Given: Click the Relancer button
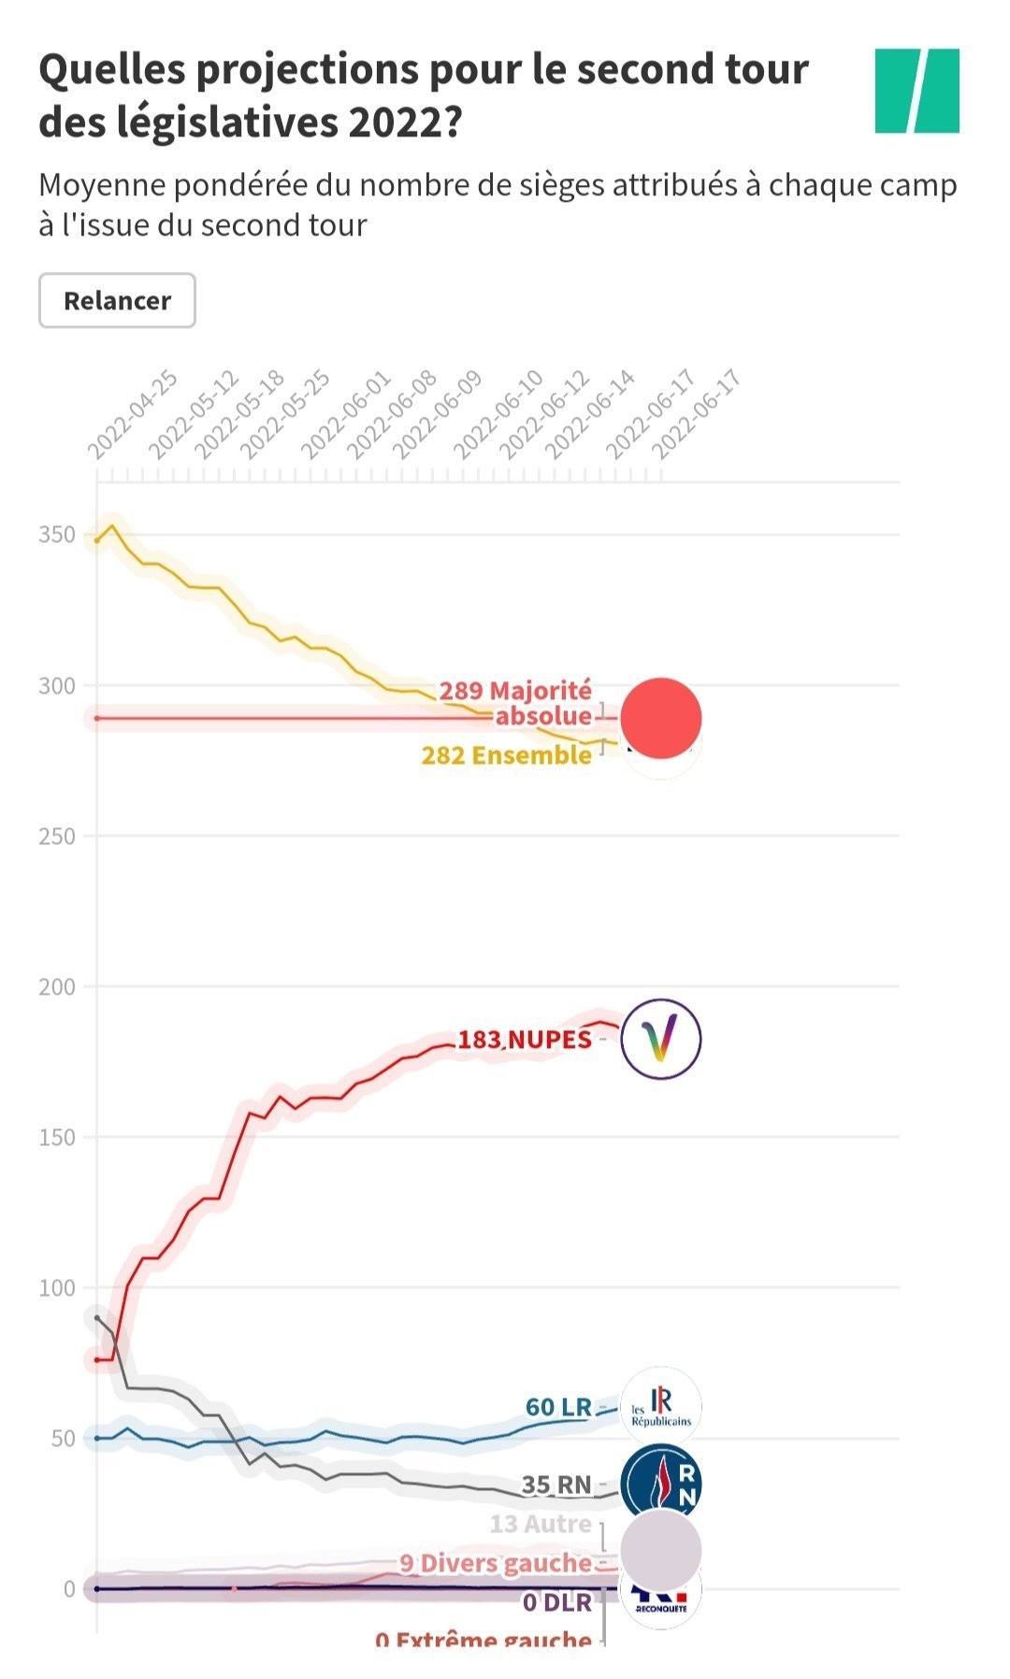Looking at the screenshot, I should point(117,301).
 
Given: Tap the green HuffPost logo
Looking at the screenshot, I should point(916,91).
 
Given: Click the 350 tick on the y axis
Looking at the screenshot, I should point(57,535).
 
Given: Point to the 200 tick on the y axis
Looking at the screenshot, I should point(57,986).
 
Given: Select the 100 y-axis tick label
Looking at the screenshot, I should point(57,1287).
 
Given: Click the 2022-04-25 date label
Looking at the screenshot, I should point(133,414).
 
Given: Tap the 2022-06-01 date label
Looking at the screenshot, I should point(346,414).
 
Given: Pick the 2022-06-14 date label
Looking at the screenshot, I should point(590,414).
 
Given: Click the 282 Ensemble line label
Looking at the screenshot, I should point(506,755).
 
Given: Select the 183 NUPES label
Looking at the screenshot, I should point(525,1040).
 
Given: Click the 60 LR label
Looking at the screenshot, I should point(558,1407).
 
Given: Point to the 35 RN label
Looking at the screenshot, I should point(556,1485).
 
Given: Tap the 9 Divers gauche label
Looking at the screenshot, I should point(496,1563).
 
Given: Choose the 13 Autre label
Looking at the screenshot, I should point(541,1524).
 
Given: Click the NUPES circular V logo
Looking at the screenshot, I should point(661,1039).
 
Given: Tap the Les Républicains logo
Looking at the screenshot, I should point(661,1406).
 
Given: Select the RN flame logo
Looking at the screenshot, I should point(661,1483).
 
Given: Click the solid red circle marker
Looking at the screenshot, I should point(661,718).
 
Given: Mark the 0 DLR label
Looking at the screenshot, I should point(556,1603).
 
